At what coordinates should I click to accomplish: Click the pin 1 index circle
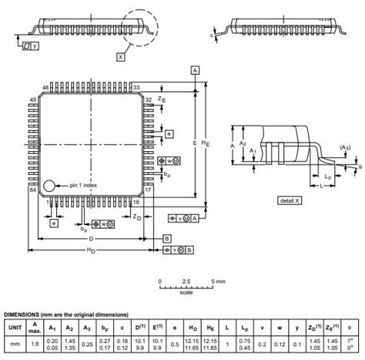[x=49, y=186]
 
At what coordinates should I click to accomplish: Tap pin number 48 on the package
[x=45, y=88]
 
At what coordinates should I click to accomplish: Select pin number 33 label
[x=136, y=88]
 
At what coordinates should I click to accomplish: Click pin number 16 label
[x=136, y=202]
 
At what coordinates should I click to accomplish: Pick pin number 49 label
[x=33, y=100]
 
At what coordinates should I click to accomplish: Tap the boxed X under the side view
[x=120, y=56]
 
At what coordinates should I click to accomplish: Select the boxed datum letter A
[x=195, y=70]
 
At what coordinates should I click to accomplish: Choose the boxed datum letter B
[x=166, y=240]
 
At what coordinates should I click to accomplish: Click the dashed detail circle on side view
[x=142, y=28]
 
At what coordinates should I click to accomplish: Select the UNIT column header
[x=15, y=326]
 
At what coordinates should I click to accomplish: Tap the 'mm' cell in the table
[x=15, y=344]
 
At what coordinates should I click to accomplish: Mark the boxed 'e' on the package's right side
[x=169, y=133]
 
